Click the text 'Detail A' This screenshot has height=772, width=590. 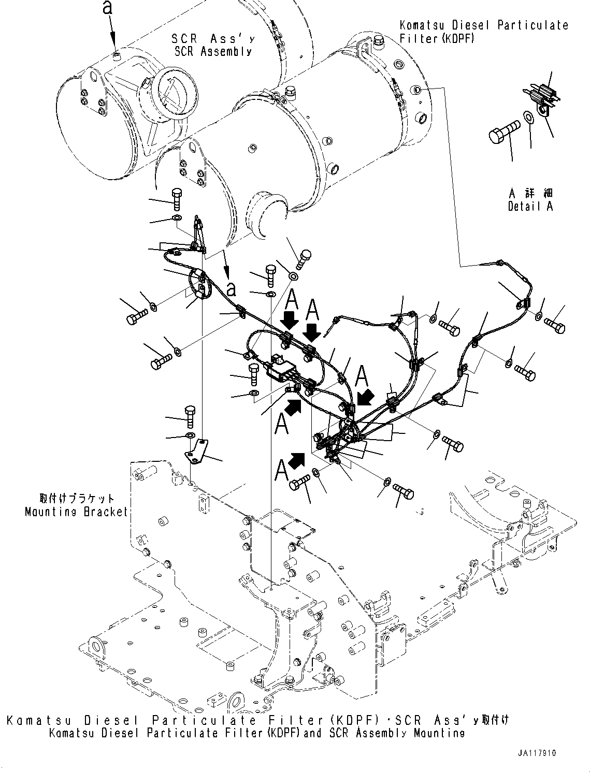530,206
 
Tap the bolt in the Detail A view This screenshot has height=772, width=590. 504,130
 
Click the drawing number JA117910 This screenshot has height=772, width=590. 536,753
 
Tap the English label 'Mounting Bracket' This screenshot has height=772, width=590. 77,512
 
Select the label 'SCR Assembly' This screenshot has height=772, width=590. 212,51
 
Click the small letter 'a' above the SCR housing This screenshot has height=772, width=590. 107,7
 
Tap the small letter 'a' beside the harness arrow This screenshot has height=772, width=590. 231,288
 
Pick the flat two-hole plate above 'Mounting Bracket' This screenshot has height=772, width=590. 196,449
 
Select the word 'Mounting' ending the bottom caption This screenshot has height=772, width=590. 439,733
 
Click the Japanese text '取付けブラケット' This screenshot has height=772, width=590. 77,499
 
